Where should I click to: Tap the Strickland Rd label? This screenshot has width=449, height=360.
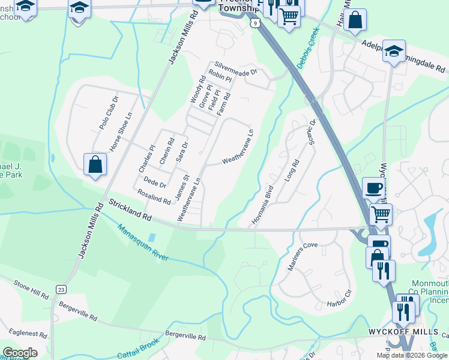(x=130, y=209)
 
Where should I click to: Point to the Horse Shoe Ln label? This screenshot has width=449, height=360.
(x=120, y=133)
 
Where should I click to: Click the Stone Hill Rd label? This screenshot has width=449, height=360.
(x=31, y=289)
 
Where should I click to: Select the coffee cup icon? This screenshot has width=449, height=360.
(x=373, y=188)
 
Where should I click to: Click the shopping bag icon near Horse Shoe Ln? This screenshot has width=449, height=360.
(x=95, y=164)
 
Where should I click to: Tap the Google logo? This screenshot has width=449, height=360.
(x=20, y=353)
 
